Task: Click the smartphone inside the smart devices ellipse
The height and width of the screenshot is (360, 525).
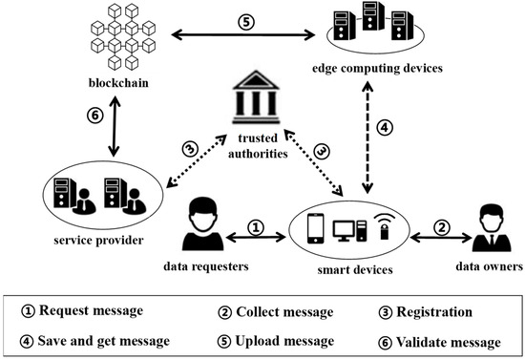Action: coord(317,229)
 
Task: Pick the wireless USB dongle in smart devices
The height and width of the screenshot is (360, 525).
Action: coord(382,227)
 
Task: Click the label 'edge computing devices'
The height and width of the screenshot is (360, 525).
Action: coord(376,68)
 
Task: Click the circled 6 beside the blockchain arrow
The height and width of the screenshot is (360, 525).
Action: coord(95,114)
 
